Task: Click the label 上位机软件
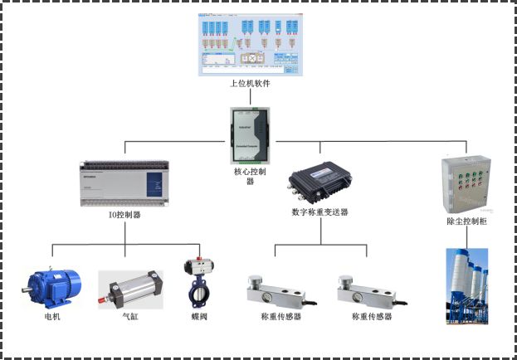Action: (250, 84)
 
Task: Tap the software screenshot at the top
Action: (250, 45)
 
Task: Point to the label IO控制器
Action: (124, 215)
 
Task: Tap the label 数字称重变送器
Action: (320, 212)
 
